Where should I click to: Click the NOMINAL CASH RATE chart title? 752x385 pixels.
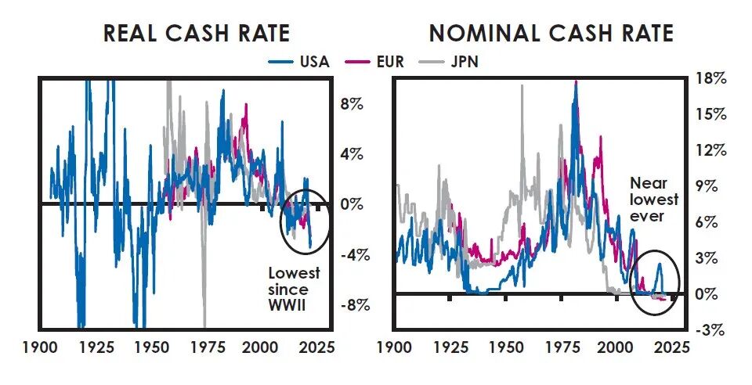[551, 34]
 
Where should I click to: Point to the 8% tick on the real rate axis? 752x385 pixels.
[350, 103]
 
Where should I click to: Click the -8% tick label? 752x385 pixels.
[348, 305]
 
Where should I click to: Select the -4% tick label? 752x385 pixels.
[348, 255]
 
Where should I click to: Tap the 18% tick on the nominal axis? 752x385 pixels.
[710, 78]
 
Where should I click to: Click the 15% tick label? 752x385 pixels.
[710, 114]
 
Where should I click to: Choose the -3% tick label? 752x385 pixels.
[710, 329]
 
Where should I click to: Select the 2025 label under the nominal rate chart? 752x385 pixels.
[672, 347]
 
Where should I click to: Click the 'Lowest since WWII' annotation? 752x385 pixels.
[294, 289]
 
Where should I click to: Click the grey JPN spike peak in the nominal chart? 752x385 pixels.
[521, 85]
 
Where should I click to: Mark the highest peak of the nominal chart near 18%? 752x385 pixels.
[576, 81]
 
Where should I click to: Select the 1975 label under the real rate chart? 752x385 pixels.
[204, 347]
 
